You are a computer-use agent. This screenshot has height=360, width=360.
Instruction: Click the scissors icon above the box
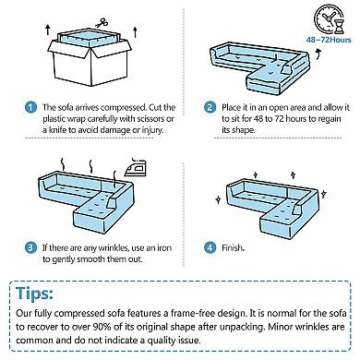[x=102, y=23]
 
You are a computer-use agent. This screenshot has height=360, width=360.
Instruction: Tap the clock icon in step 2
[x=327, y=18]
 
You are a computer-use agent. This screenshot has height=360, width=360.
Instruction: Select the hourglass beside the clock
[x=339, y=25]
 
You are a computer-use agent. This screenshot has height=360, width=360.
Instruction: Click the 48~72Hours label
[x=329, y=40]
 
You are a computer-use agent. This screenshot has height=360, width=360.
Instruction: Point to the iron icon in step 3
[x=136, y=167]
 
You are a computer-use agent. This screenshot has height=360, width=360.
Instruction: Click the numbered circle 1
[x=30, y=107]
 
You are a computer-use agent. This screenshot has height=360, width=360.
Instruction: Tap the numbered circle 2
[x=210, y=107]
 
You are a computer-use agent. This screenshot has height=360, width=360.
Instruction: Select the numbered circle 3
[x=30, y=247]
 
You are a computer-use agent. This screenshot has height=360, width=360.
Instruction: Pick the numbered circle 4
[x=210, y=247]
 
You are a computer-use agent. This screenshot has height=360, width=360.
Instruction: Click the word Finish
[x=233, y=247]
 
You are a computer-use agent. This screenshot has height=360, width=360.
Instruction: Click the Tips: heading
[x=34, y=293]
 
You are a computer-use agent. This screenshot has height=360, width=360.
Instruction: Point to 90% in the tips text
[x=102, y=327]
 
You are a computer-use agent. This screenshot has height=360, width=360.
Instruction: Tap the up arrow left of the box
[x=48, y=30]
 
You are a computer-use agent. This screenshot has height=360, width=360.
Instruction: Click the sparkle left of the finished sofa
[x=218, y=199]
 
